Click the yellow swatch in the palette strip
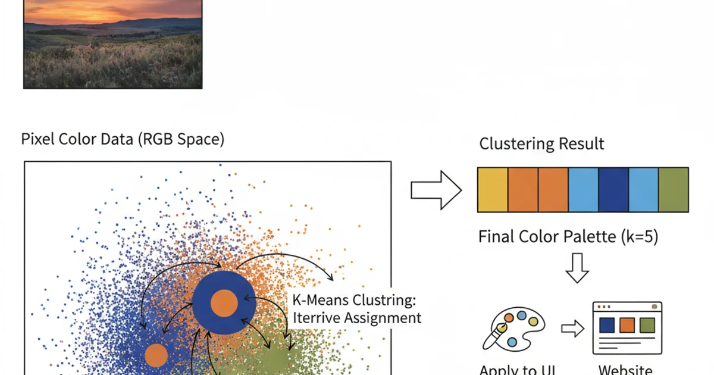[493, 190]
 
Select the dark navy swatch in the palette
[613, 190]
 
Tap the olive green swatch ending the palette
[674, 190]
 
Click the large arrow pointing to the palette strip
[436, 190]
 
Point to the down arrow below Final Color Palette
[576, 268]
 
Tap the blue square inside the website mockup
[607, 325]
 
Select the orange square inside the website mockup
[627, 325]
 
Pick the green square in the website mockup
[647, 325]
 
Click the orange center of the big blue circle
[224, 302]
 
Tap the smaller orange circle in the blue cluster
[156, 355]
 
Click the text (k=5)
[639, 237]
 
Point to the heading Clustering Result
[541, 144]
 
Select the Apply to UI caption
[516, 370]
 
